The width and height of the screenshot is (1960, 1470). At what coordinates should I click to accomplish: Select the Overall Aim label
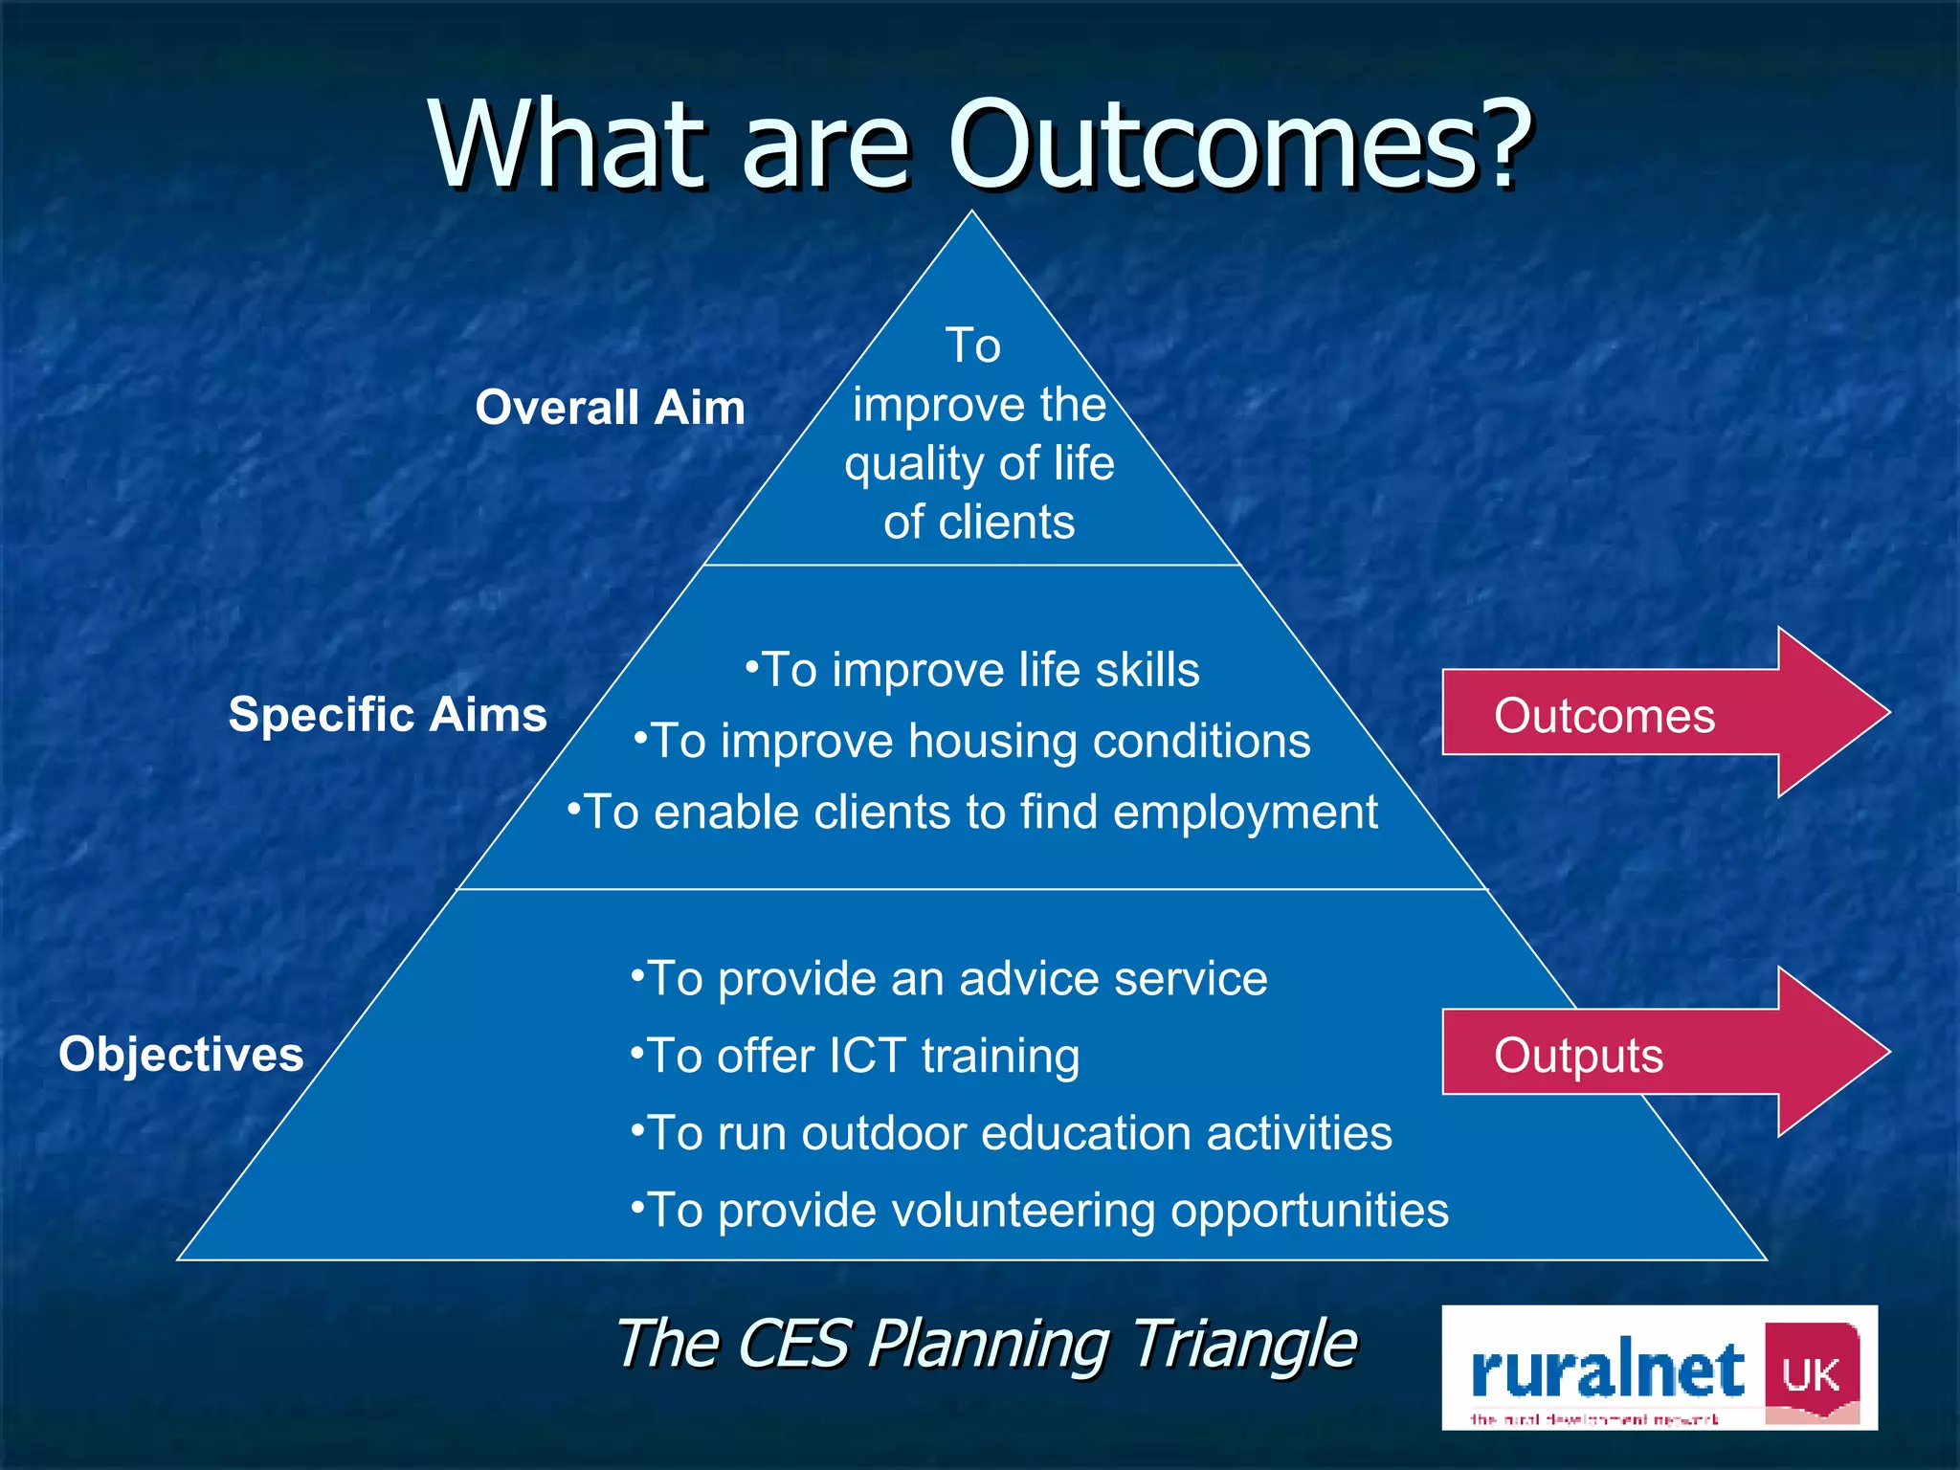click(x=610, y=408)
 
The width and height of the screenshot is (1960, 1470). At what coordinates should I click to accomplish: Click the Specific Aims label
click(x=387, y=715)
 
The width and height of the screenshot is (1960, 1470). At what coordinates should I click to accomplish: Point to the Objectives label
click(x=181, y=1055)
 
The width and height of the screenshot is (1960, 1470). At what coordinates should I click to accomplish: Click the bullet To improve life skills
click(x=971, y=670)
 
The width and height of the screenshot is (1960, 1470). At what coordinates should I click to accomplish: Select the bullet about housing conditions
click(x=971, y=742)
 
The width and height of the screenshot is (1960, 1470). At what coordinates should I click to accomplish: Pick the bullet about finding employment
click(x=971, y=813)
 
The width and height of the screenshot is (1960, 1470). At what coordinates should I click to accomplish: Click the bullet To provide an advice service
click(x=947, y=979)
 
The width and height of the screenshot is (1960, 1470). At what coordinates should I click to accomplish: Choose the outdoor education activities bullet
click(x=1010, y=1134)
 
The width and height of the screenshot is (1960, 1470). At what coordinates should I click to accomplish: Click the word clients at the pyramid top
click(x=1007, y=523)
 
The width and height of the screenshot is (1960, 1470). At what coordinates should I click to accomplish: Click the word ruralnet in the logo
click(x=1608, y=1370)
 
